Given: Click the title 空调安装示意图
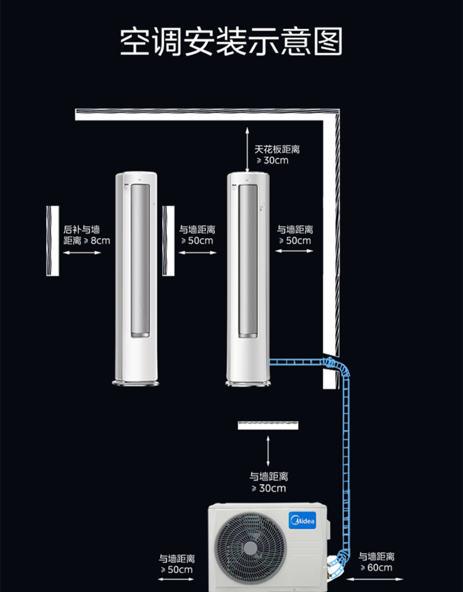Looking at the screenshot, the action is tap(231, 41).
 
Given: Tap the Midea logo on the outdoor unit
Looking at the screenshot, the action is tap(303, 521).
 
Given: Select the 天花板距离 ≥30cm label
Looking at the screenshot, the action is tap(276, 155).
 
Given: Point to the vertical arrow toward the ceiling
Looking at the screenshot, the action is tap(247, 149).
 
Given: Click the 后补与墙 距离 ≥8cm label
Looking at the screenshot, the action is tap(86, 235).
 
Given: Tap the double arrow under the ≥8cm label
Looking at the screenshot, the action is tap(82, 253).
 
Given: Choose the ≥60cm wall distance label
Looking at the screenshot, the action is tap(376, 562).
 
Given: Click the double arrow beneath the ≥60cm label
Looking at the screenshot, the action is tap(375, 579).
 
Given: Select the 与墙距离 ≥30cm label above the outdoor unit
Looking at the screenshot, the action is tap(269, 482).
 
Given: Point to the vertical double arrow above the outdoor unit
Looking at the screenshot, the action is tap(268, 451).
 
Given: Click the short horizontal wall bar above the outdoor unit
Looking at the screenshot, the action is tap(268, 425).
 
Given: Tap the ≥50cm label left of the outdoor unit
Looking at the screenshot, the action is tap(177, 564).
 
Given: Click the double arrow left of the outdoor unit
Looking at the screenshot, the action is tap(176, 579).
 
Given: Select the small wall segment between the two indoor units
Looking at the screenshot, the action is tap(168, 241).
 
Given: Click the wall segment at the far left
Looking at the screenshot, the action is tap(53, 241).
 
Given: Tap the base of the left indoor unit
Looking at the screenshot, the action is tap(136, 383).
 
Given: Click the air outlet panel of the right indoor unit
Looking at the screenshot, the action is tap(248, 260).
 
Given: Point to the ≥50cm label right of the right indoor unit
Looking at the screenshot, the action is tap(295, 235).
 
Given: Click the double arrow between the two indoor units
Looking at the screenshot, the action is tap(197, 253).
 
